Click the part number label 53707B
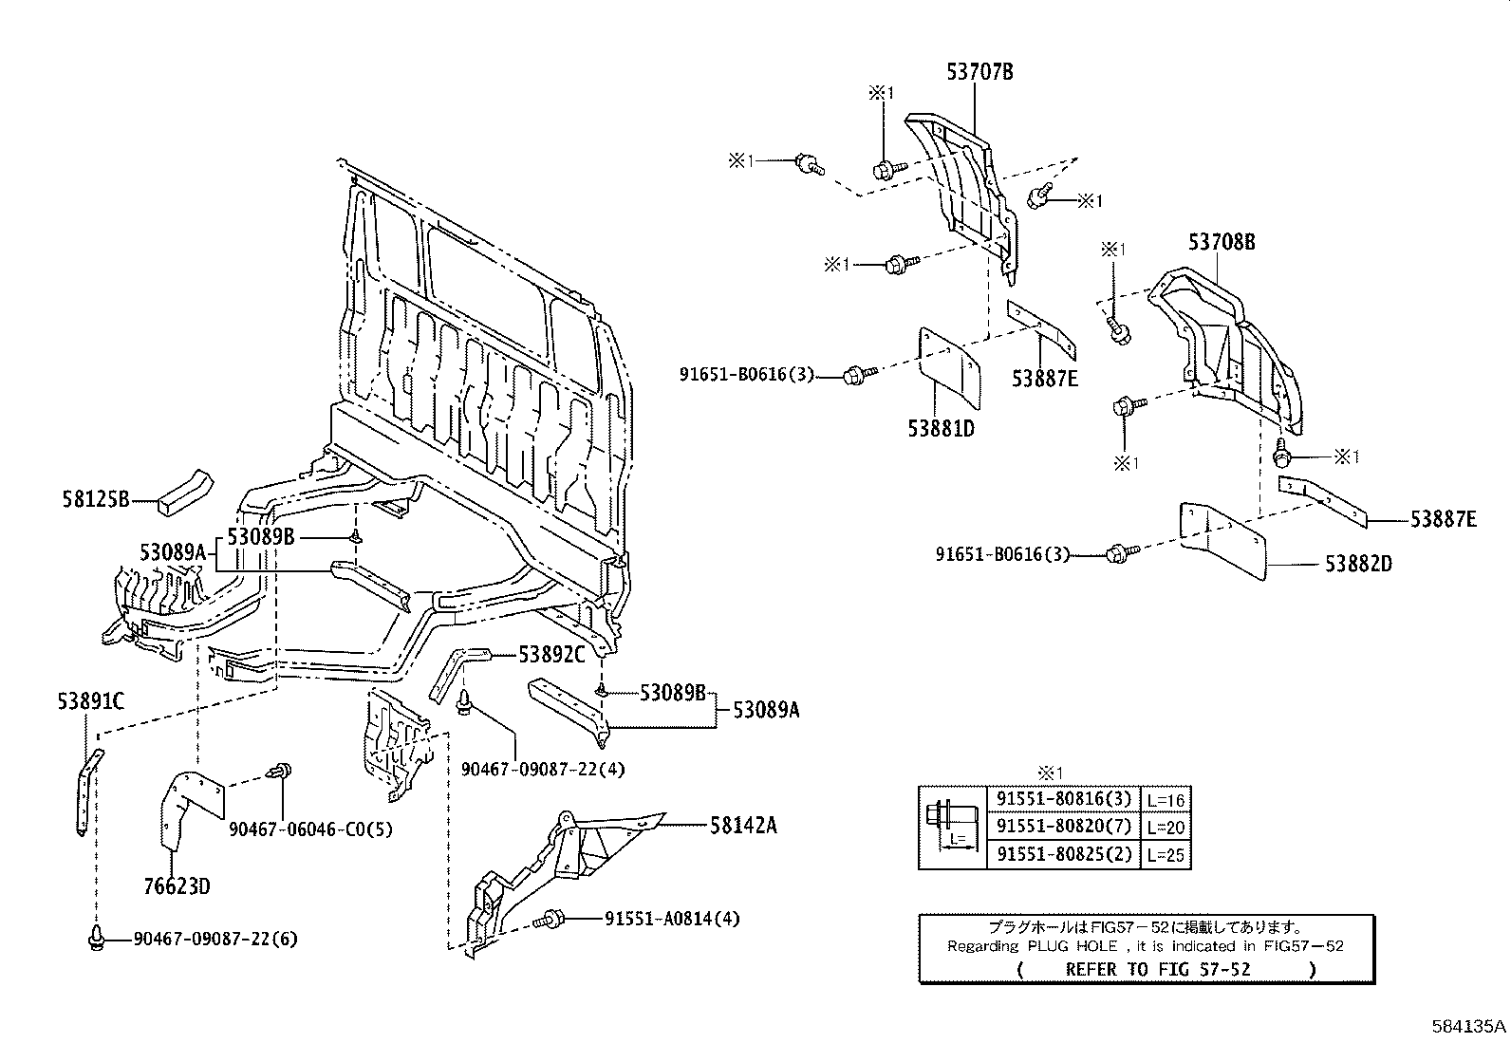click(979, 71)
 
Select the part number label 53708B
click(1222, 243)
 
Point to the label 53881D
click(941, 428)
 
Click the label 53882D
click(1358, 564)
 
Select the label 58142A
click(743, 826)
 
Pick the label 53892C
click(551, 655)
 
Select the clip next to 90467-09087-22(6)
click(95, 939)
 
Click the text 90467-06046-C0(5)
click(310, 829)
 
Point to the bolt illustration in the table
click(952, 826)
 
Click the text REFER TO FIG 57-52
click(1157, 969)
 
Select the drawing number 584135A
click(1469, 1026)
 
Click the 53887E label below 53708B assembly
click(1443, 519)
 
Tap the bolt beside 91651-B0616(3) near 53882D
click(1119, 552)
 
